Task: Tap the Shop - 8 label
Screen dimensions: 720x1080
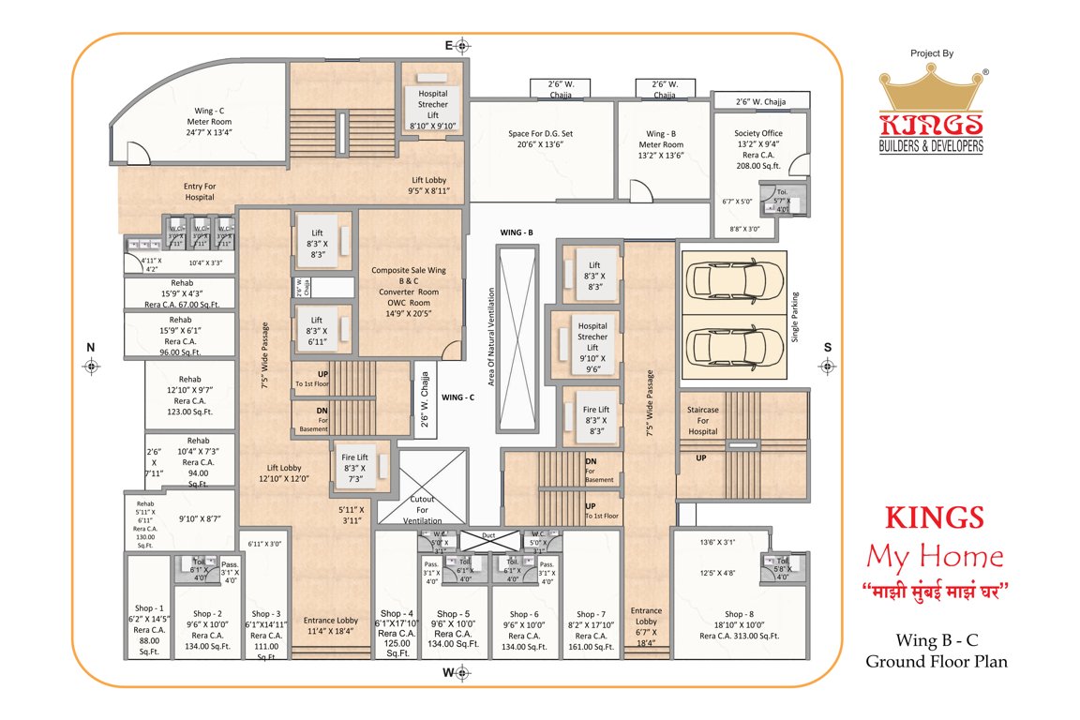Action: point(739,614)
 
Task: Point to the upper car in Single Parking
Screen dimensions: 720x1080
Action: point(734,278)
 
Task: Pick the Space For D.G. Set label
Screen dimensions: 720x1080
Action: point(541,140)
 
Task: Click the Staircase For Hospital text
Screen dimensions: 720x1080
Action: point(702,419)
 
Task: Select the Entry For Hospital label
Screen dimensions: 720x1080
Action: point(199,192)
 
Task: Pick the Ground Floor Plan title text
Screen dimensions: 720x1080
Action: point(936,662)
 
